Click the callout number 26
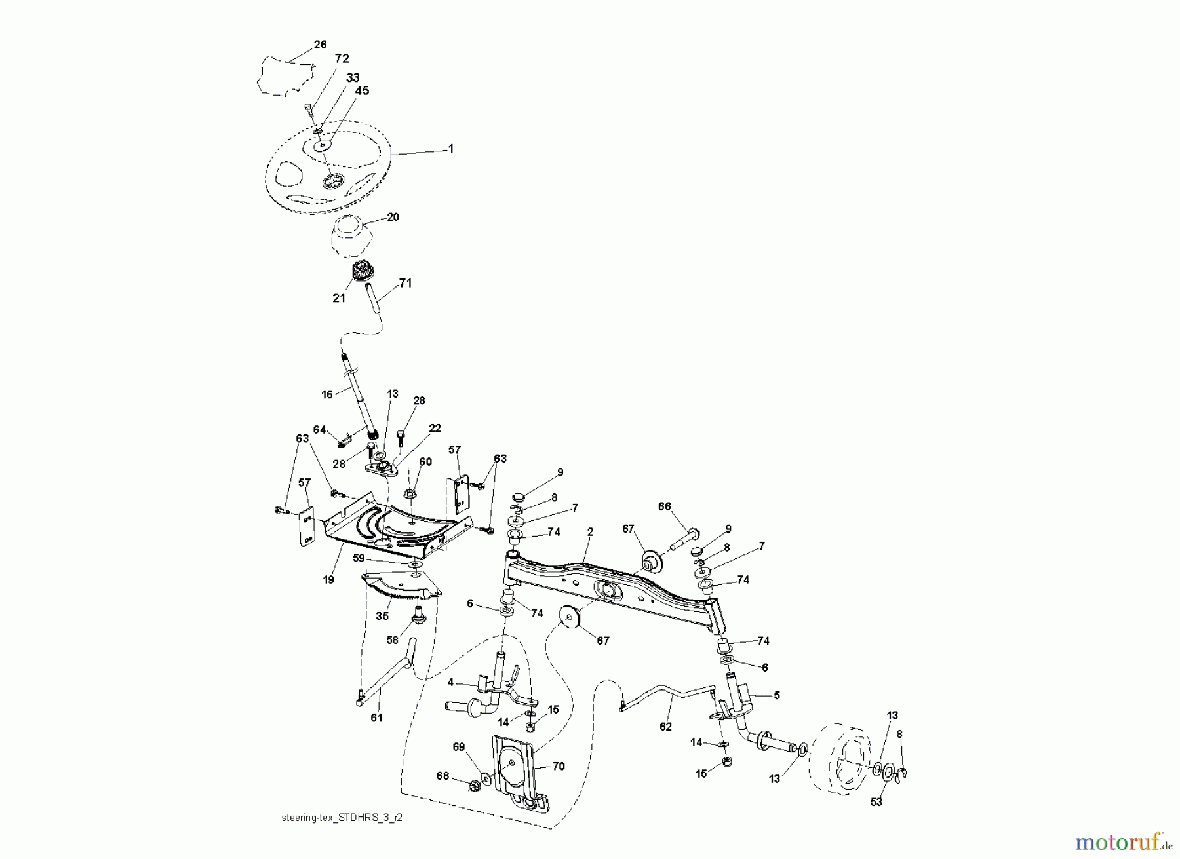tap(320, 45)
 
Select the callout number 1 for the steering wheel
tap(450, 149)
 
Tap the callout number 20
tap(393, 218)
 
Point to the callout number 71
tap(406, 283)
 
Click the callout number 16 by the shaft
tap(327, 394)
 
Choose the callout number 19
tap(328, 579)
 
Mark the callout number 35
tap(382, 616)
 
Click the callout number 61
tap(376, 717)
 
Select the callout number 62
tap(665, 727)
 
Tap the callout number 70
tap(559, 766)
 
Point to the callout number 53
tap(876, 802)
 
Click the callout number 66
tap(665, 506)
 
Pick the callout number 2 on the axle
tap(590, 533)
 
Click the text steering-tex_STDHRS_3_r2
tap(347, 818)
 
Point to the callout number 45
tap(362, 91)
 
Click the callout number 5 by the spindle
tap(777, 695)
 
